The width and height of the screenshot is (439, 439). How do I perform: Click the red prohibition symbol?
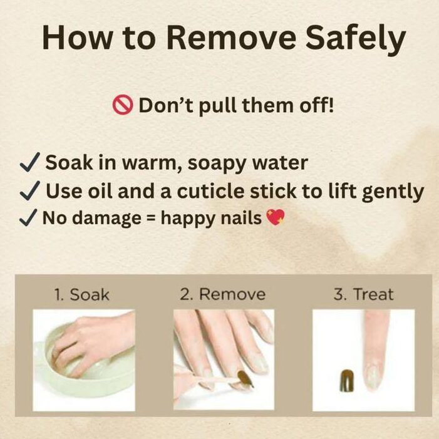click(122, 105)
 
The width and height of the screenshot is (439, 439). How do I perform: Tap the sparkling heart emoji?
click(276, 217)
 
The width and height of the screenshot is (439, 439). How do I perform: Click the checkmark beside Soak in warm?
click(30, 162)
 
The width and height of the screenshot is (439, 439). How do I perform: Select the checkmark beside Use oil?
click(30, 190)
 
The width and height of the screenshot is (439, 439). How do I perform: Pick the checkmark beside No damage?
click(28, 217)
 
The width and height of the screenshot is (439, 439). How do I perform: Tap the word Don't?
click(166, 105)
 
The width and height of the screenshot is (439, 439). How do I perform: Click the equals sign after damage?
click(151, 217)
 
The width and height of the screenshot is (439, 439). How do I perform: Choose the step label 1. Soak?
click(81, 294)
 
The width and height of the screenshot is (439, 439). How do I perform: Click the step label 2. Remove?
click(222, 294)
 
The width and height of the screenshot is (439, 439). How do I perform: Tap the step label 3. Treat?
click(363, 294)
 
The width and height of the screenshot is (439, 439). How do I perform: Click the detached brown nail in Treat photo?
click(347, 381)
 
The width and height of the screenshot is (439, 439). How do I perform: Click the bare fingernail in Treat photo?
click(374, 375)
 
